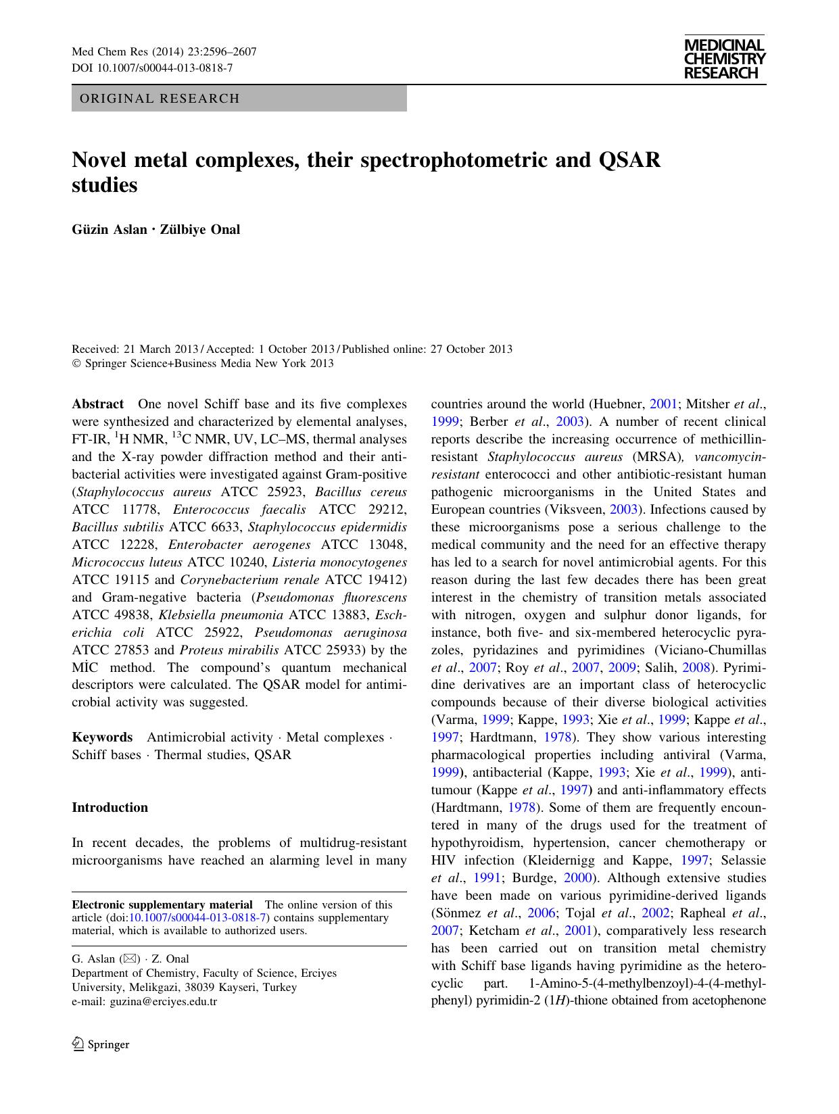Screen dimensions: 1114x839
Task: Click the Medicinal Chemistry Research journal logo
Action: [724, 59]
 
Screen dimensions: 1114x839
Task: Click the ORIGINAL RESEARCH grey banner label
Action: [160, 99]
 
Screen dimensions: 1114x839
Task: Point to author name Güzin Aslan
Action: [109, 229]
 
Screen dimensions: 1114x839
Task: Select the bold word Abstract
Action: [97, 404]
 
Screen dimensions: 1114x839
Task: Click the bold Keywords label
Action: [102, 737]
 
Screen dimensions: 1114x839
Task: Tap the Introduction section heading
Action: [110, 808]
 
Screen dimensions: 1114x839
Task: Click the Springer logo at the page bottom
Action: [101, 1044]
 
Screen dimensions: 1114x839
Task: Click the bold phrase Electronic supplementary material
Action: [162, 904]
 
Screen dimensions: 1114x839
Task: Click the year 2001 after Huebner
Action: [663, 404]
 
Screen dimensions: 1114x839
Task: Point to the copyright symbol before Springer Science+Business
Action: [76, 364]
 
